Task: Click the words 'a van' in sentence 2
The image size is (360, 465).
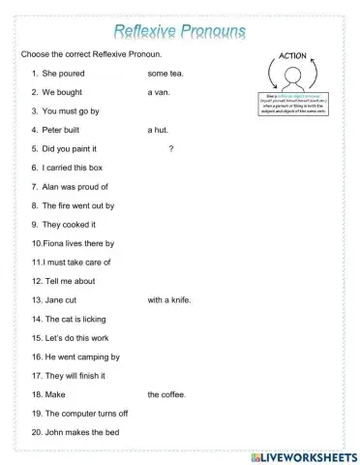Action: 159,92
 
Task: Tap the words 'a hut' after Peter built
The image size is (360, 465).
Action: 158,130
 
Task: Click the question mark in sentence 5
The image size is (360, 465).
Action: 170,148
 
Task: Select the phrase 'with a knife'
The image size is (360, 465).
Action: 169,300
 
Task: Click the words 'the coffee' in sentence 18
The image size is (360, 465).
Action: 166,395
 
